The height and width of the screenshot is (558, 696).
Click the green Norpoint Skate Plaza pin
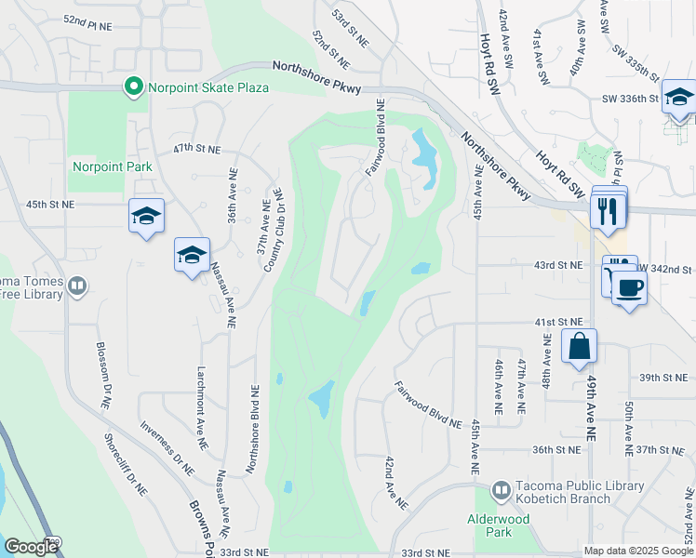(x=133, y=87)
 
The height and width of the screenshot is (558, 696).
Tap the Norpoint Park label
(x=113, y=167)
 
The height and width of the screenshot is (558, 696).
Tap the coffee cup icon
(x=628, y=287)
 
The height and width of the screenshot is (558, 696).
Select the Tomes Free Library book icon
(x=77, y=286)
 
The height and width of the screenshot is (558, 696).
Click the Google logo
(x=31, y=547)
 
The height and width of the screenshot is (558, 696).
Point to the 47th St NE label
(x=196, y=149)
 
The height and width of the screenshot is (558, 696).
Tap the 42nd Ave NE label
(x=395, y=483)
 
